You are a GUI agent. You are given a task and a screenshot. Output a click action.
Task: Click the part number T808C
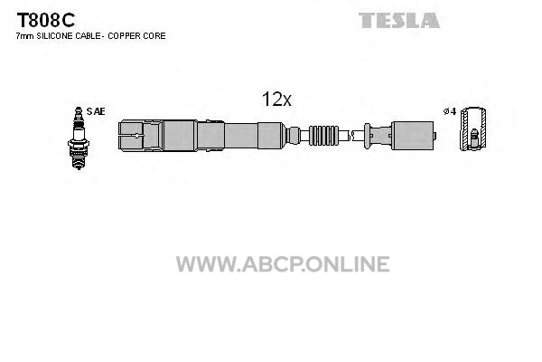tap(46, 20)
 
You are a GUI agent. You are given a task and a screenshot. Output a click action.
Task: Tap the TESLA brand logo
tap(399, 20)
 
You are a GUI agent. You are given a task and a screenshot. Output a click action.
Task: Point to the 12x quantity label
tap(276, 100)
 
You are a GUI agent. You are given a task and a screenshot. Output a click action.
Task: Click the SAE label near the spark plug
tap(96, 111)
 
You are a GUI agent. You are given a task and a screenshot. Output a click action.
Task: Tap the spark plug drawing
tap(79, 138)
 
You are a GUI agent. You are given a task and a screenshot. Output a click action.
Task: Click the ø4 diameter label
tap(450, 111)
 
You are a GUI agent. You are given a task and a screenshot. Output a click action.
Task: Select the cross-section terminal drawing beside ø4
tap(473, 129)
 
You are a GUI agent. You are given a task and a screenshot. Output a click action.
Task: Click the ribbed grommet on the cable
tap(324, 135)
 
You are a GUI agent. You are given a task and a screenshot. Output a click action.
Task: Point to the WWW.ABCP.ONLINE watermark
tap(283, 263)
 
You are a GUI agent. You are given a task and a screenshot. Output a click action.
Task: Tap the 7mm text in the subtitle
tap(24, 36)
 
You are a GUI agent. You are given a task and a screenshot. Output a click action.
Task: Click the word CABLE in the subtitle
tap(89, 35)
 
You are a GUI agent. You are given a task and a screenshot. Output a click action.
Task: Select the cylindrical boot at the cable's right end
tap(413, 136)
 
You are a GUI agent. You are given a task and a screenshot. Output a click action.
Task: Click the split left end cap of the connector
tap(131, 136)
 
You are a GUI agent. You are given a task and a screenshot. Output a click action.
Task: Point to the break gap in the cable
tap(350, 136)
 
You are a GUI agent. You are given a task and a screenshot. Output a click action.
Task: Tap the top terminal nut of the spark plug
tap(79, 110)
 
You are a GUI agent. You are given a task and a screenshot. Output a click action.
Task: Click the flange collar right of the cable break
tap(367, 136)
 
